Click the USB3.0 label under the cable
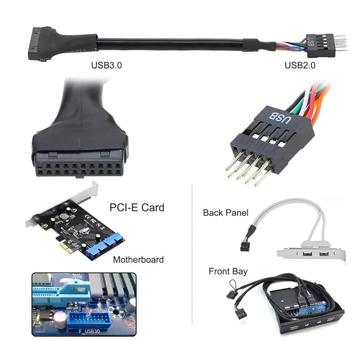click(x=106, y=65)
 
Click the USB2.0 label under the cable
click(x=300, y=65)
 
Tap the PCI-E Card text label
click(x=138, y=208)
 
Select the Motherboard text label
click(x=138, y=259)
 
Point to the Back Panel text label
click(x=226, y=213)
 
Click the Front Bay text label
click(x=228, y=271)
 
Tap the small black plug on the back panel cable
click(x=245, y=245)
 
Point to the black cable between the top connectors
click(x=169, y=43)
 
